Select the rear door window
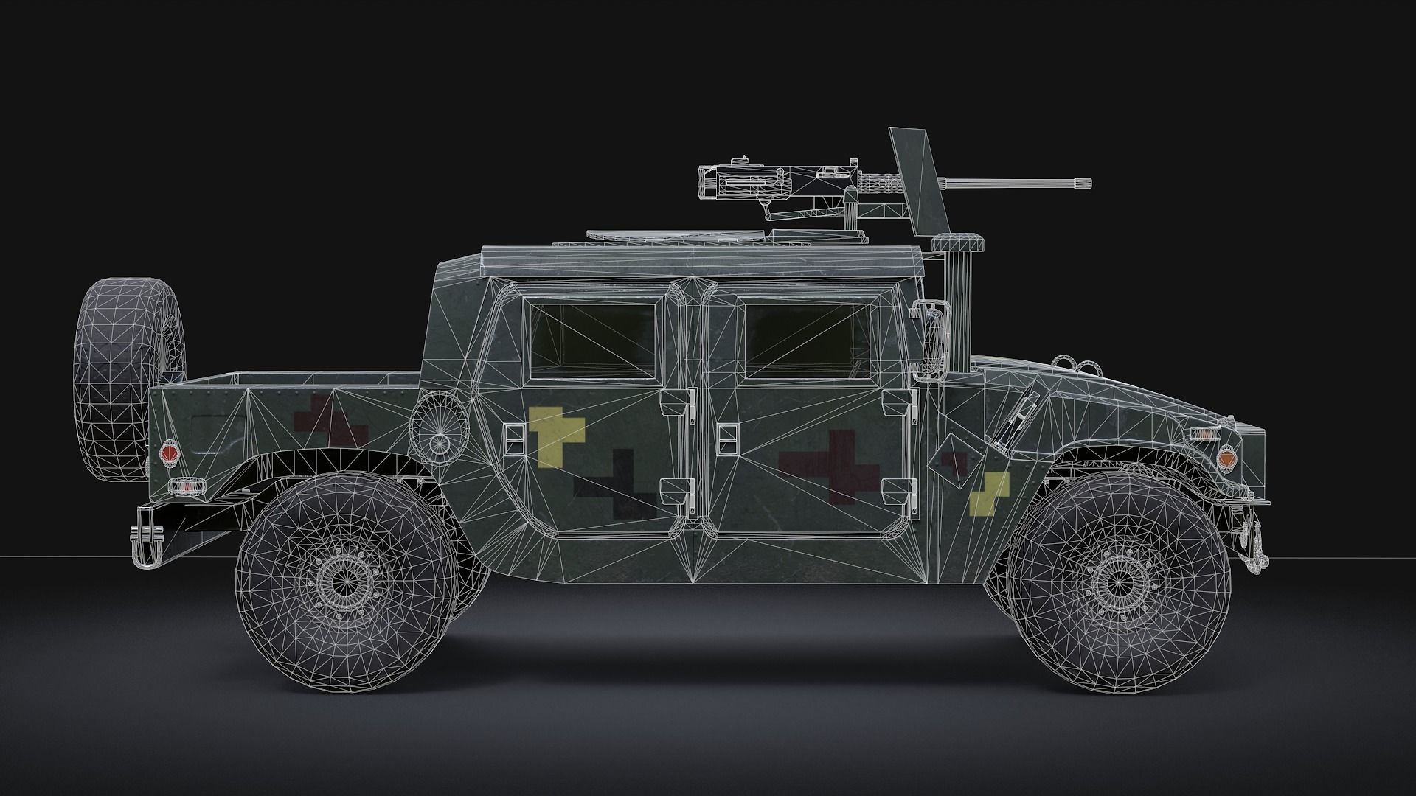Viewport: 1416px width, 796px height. pyautogui.click(x=593, y=338)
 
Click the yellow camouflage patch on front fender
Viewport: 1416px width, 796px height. pyautogui.click(x=989, y=493)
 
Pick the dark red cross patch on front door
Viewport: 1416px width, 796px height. pyautogui.click(x=830, y=469)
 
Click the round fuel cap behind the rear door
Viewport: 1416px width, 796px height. pyautogui.click(x=440, y=432)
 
